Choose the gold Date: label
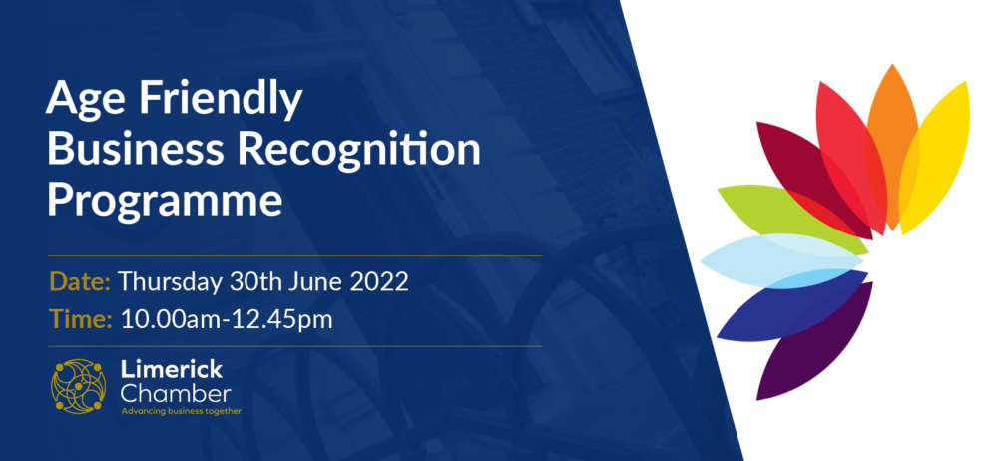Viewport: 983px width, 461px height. coord(80,281)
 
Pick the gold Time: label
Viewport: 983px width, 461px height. coord(80,320)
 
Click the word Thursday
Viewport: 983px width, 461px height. coord(170,282)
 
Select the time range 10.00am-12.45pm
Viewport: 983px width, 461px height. coord(227,320)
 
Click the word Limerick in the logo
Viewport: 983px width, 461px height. coord(171,370)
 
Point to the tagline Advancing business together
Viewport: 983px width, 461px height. coord(181,411)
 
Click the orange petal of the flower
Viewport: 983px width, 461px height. coord(892,146)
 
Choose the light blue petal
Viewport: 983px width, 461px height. coord(781,260)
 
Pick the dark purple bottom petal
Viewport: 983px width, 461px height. coord(814,341)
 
